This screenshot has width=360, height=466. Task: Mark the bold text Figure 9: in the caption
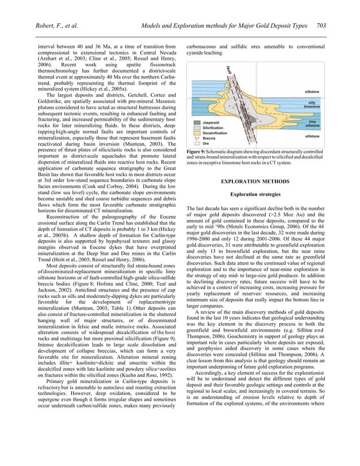(198, 153)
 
